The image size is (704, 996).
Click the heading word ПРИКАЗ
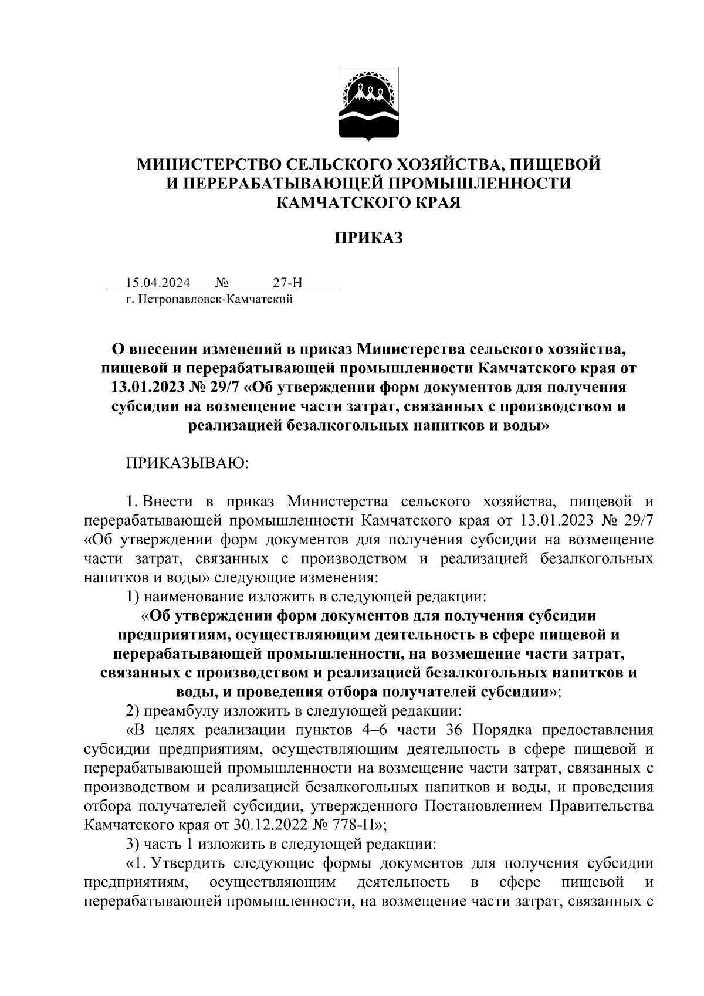[368, 238]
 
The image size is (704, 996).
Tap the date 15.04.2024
[158, 283]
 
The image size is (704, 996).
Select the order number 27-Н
[287, 283]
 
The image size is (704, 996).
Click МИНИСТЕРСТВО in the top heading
[203, 164]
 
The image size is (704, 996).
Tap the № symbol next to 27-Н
[222, 283]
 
